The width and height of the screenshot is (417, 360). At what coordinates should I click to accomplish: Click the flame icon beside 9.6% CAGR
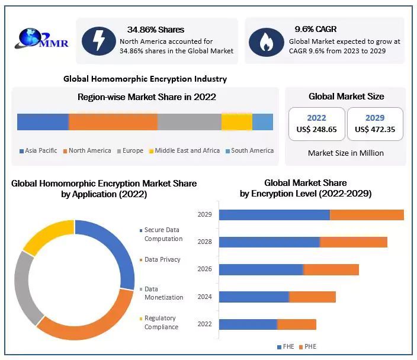(266, 41)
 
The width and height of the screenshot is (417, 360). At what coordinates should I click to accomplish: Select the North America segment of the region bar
(113, 121)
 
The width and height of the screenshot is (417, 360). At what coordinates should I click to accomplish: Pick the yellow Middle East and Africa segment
(236, 121)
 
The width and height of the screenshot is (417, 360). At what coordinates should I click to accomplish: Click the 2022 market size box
(316, 124)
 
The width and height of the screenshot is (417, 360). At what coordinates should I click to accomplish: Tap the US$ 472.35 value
(375, 129)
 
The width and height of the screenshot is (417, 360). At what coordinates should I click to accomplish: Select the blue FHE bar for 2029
(274, 214)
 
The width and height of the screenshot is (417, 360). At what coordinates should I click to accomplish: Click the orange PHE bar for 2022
(296, 324)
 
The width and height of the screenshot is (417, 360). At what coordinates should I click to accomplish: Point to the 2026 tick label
(204, 269)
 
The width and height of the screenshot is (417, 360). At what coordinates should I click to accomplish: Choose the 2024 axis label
(204, 297)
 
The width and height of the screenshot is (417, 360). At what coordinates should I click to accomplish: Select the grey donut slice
(24, 288)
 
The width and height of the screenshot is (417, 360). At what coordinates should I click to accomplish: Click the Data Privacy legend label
(162, 259)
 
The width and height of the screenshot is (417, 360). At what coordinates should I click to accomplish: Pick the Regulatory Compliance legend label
(161, 323)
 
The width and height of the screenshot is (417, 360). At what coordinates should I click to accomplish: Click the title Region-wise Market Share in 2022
(146, 97)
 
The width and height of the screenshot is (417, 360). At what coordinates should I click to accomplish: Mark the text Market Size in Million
(346, 153)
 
